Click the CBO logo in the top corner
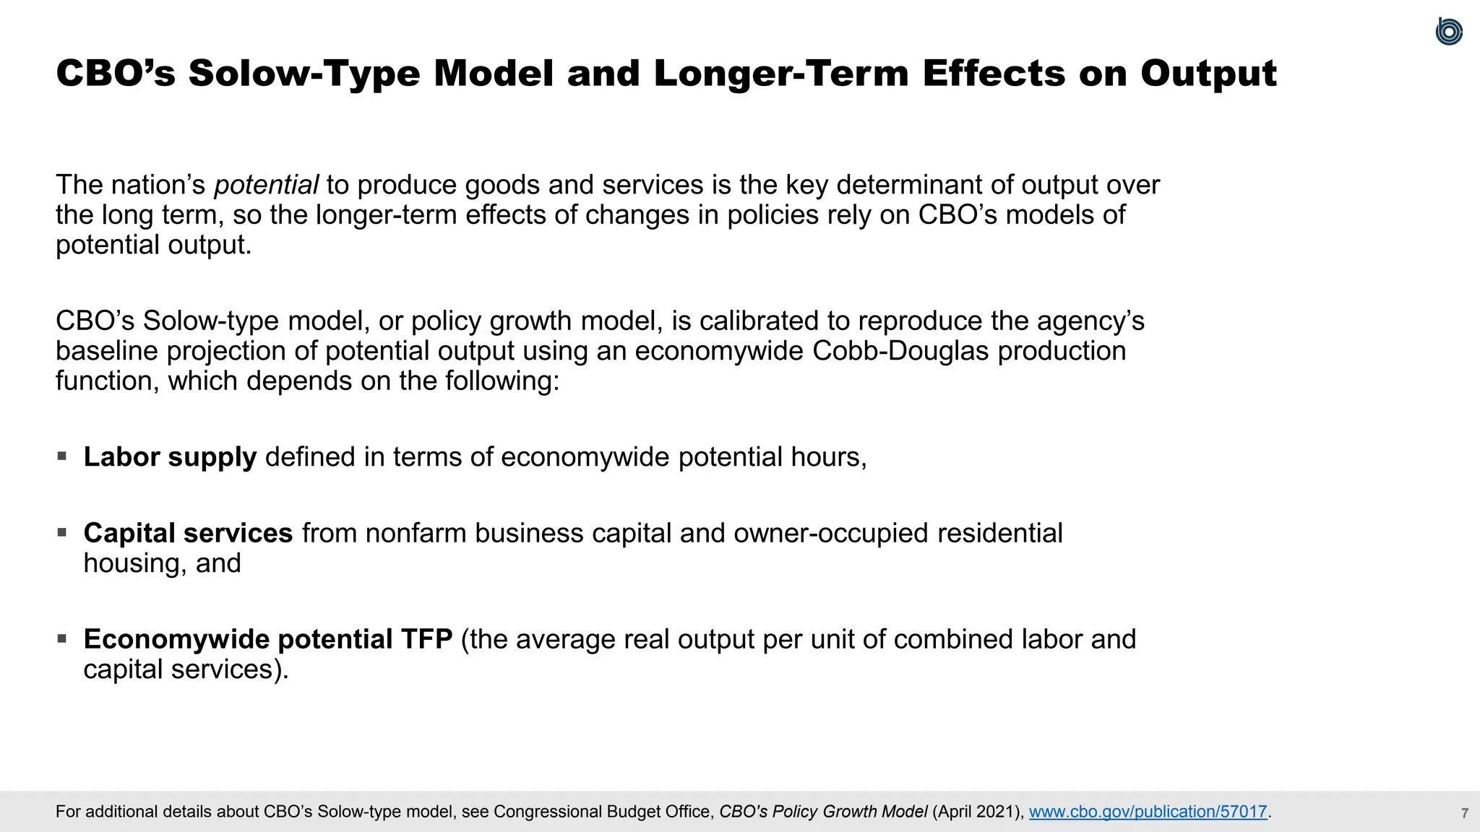1448,32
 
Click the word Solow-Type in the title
304,74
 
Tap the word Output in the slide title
1208,74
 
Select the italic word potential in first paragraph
266,185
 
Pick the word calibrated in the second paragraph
770,321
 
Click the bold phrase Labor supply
170,457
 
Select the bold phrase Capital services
188,533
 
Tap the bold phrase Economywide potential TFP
268,639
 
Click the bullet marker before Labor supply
62,456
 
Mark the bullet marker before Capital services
62,533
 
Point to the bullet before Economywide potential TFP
62,639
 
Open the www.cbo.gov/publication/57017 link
1148,812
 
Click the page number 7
1464,813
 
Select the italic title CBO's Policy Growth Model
823,812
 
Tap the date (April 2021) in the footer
978,812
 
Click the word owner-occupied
830,533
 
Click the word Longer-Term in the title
780,74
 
